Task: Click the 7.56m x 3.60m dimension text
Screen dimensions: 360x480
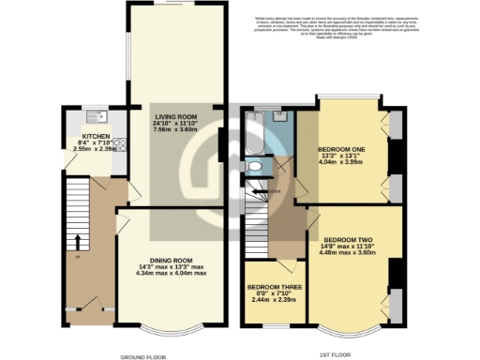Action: coord(176,129)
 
